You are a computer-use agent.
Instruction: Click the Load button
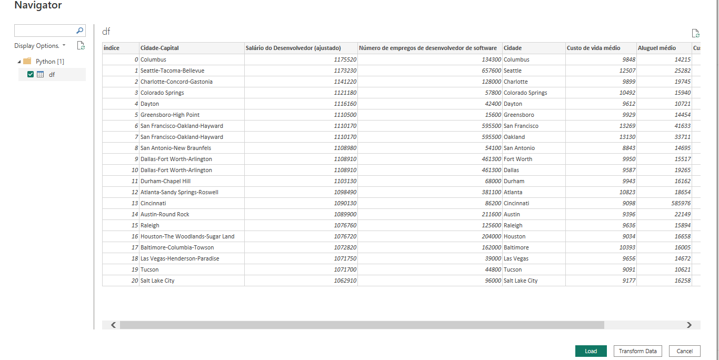point(591,351)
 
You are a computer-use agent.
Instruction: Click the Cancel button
point(684,351)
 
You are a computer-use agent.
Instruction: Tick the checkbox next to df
point(31,74)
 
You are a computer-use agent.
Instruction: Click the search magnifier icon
point(79,31)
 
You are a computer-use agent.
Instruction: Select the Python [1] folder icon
point(27,61)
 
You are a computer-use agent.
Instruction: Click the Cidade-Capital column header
point(159,48)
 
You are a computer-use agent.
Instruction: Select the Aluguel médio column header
point(656,48)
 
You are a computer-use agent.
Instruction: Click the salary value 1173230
point(345,71)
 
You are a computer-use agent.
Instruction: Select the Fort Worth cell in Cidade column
point(518,159)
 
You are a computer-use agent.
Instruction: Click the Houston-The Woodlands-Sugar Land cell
point(187,236)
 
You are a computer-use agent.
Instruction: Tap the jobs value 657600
point(488,71)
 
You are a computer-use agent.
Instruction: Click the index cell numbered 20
point(135,281)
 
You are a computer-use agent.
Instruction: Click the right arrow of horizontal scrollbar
point(689,325)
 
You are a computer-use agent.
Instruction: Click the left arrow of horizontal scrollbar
point(113,325)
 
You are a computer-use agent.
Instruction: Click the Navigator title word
point(38,6)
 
